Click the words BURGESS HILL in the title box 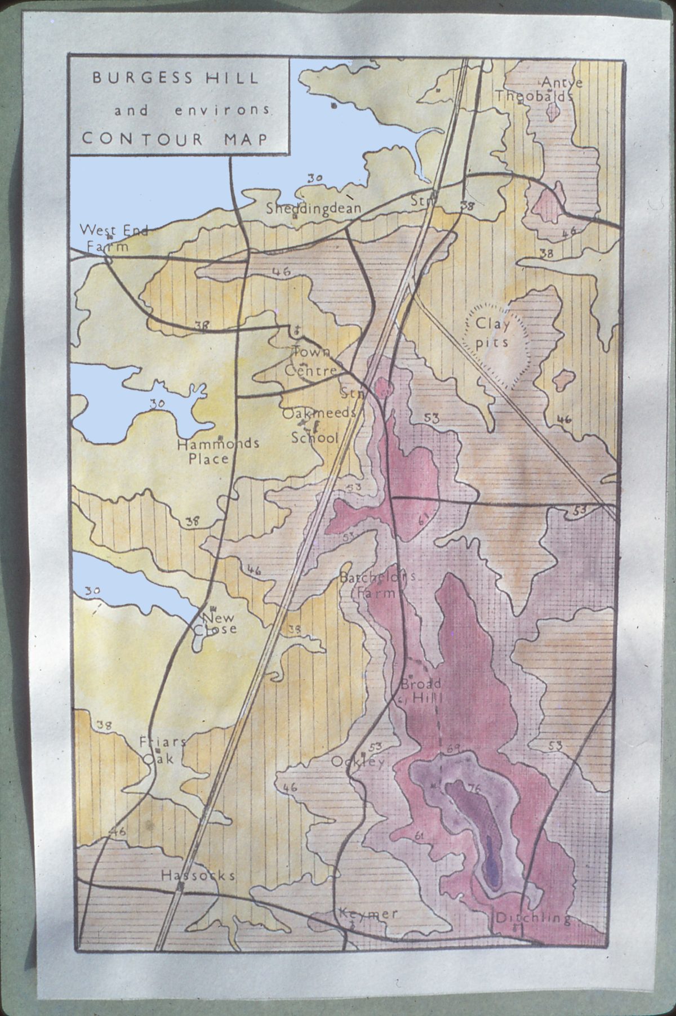[175, 78]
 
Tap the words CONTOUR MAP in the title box [175, 139]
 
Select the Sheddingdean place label [313, 208]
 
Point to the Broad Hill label [421, 692]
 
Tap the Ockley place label [358, 762]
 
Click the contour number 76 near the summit [474, 790]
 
